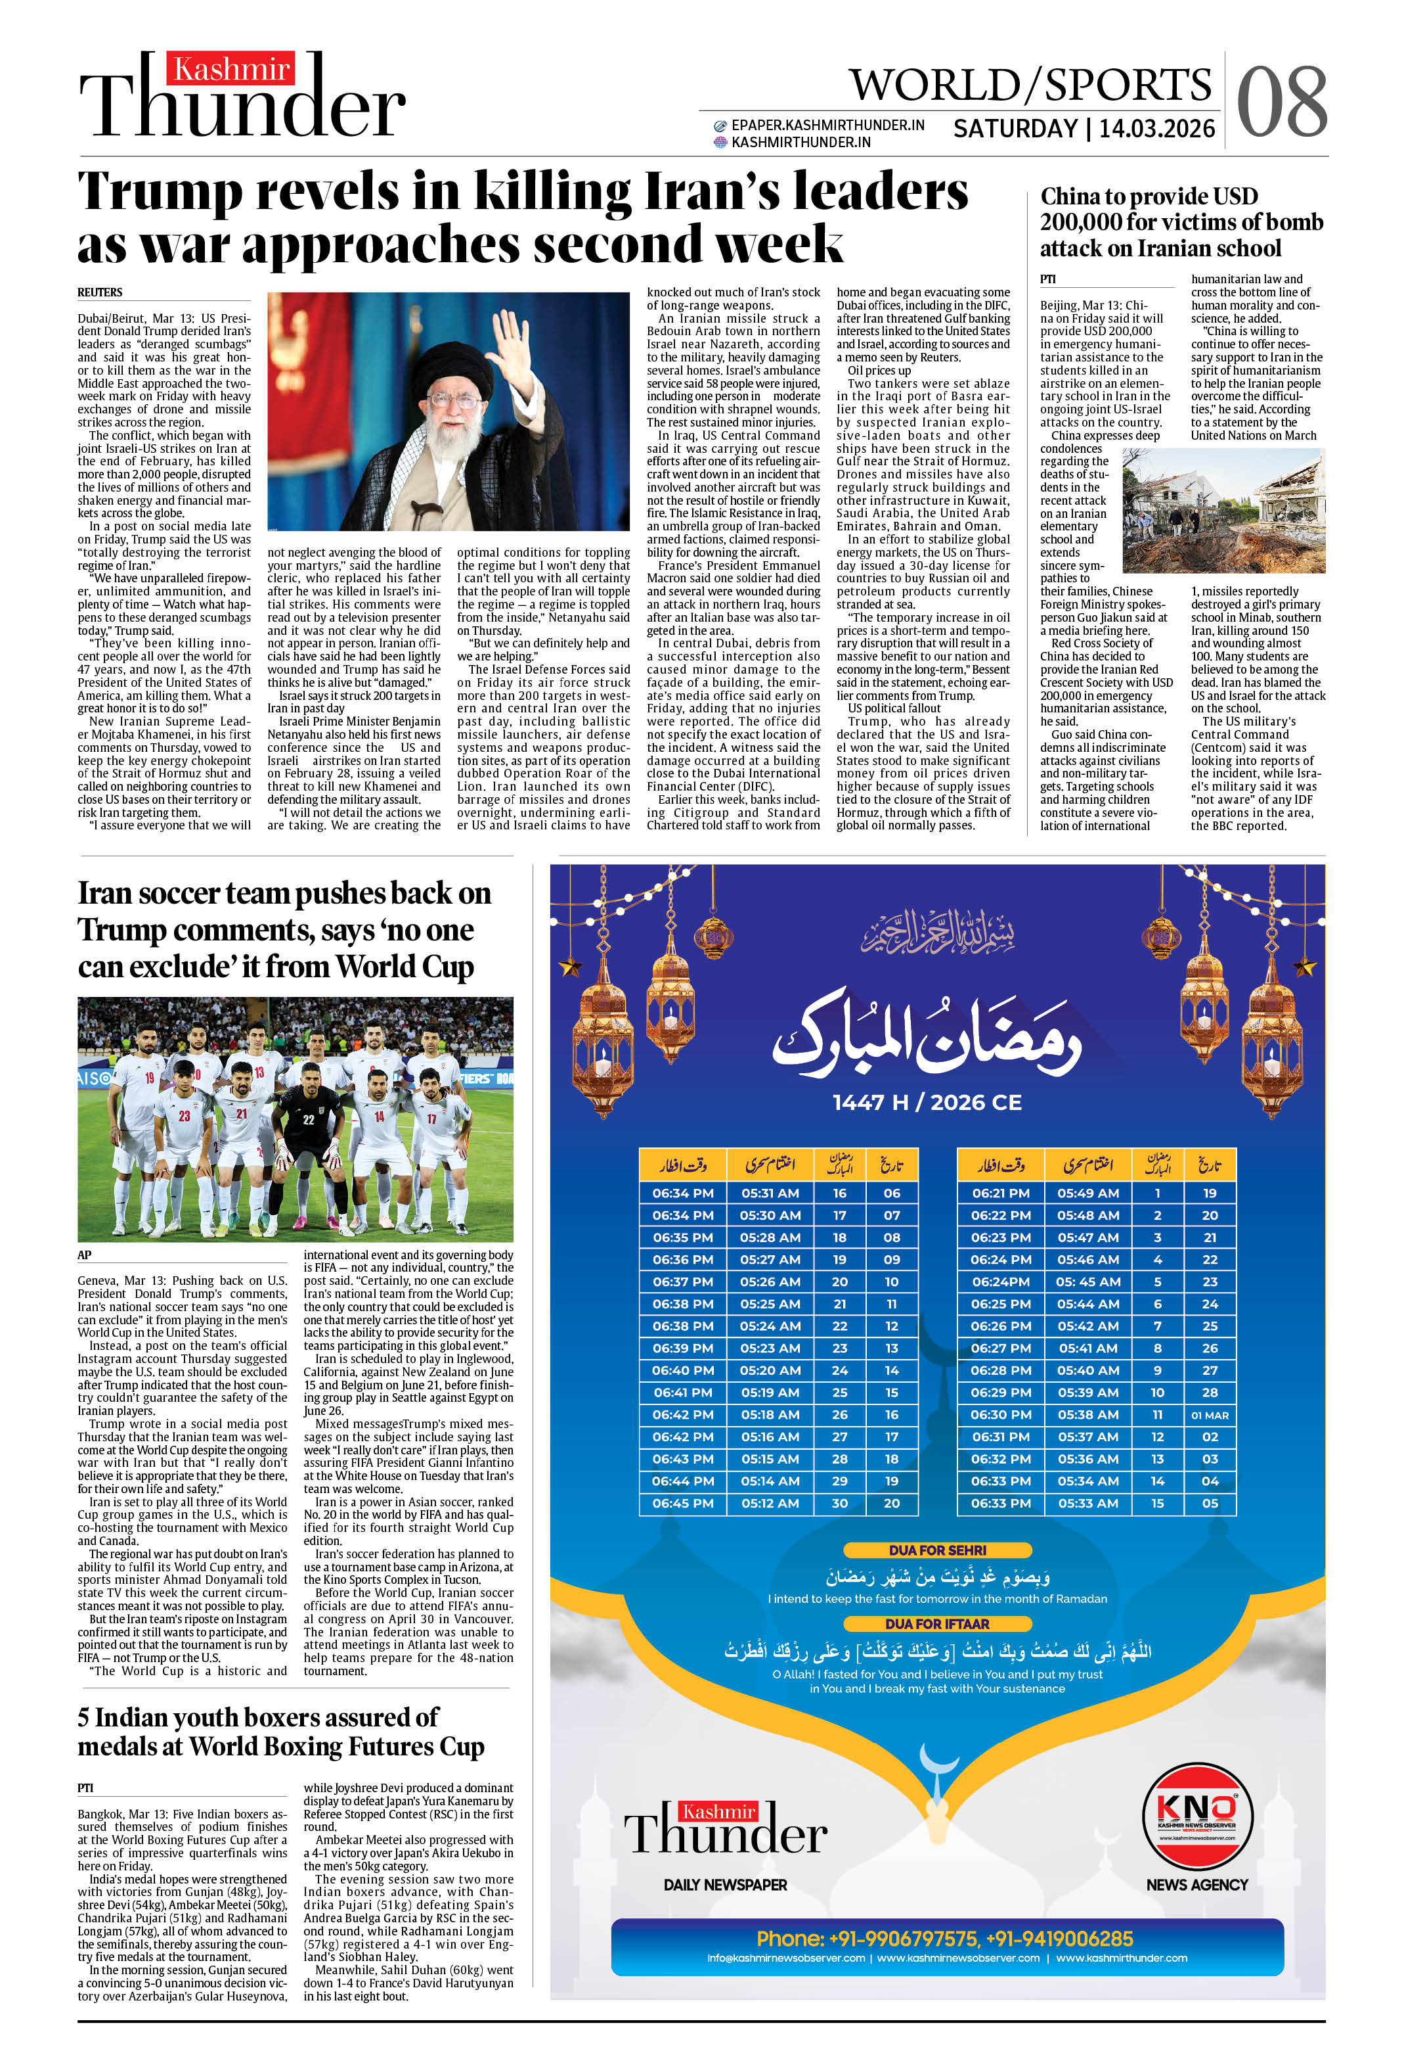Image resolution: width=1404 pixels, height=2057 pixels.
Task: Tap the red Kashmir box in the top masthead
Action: pos(232,69)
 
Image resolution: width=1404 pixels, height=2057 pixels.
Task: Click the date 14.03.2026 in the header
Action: pos(1156,129)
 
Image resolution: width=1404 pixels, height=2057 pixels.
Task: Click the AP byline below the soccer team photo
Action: pos(85,1254)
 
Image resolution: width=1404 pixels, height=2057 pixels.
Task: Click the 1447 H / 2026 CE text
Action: pos(927,1102)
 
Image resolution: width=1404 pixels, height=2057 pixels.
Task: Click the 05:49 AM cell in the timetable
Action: pos(1087,1193)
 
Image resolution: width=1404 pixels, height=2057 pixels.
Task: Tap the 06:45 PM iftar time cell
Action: pos(683,1503)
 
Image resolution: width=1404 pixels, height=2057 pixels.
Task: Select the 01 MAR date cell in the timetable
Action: pos(1210,1414)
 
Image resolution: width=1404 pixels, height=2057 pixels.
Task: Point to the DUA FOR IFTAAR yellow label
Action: pos(937,1623)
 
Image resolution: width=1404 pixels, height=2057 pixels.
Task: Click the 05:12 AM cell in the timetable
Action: pos(770,1503)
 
